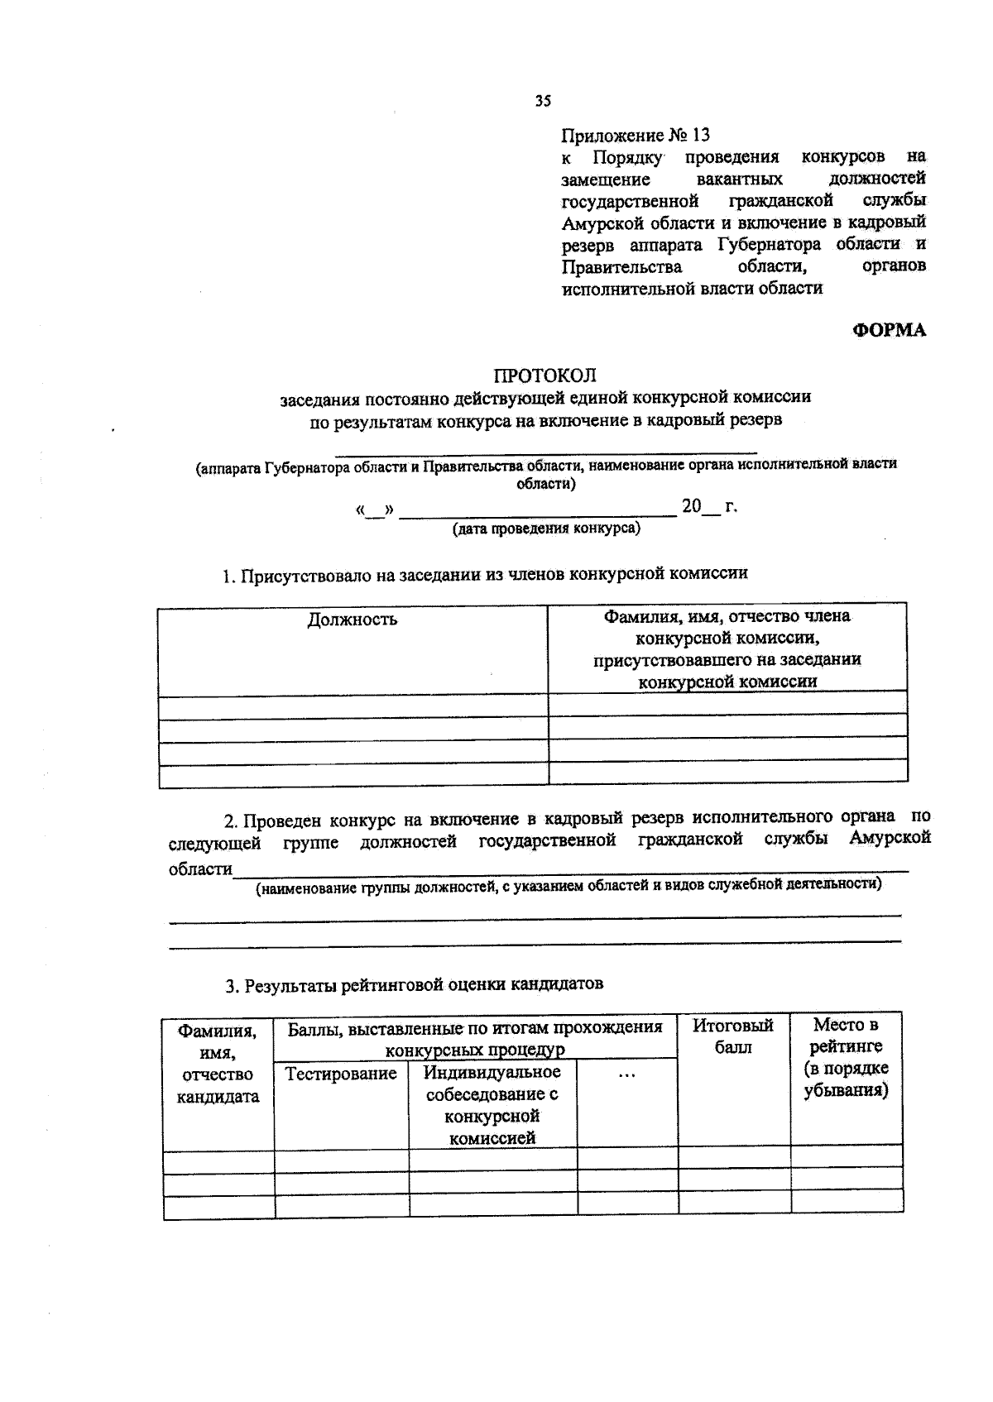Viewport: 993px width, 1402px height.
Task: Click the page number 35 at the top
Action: pos(542,101)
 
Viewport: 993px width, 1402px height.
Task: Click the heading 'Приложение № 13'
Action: pos(636,135)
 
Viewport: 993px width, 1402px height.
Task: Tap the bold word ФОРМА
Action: pos(890,330)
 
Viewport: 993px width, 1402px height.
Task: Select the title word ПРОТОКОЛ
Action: pos(544,376)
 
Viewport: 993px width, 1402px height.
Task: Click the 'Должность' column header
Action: pos(353,620)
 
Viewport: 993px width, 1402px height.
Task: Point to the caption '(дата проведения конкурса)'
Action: pos(545,529)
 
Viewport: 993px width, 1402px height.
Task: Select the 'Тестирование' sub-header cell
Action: pos(341,1074)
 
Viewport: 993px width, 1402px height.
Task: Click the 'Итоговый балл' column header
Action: pos(733,1036)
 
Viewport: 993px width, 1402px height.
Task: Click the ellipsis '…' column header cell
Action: pos(626,1074)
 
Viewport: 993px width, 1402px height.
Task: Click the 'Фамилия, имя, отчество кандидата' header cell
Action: pos(218,1064)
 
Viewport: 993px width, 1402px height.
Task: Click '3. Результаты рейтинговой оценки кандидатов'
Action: pos(415,984)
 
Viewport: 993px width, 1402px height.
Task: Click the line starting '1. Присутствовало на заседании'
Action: pos(484,574)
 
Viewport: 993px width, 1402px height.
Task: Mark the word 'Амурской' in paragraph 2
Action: pos(890,838)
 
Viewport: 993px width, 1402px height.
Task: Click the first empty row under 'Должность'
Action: pos(353,706)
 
